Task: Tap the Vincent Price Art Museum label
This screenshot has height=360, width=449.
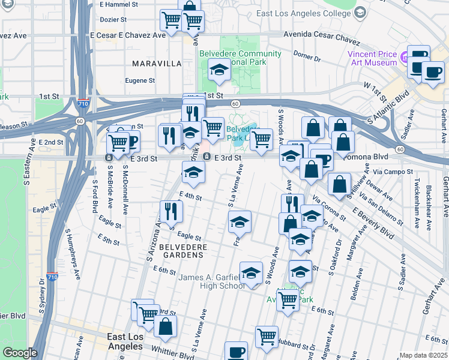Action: coord(372,58)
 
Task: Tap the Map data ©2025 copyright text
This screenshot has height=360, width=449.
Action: coord(423,355)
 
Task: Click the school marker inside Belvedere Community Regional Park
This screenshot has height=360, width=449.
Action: coord(220,70)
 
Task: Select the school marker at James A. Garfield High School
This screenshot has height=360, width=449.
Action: coord(251,272)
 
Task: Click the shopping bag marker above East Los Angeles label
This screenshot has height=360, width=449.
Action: coord(165,326)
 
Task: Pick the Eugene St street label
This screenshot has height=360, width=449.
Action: coord(140,80)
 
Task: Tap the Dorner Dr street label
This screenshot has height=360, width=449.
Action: coord(307,56)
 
